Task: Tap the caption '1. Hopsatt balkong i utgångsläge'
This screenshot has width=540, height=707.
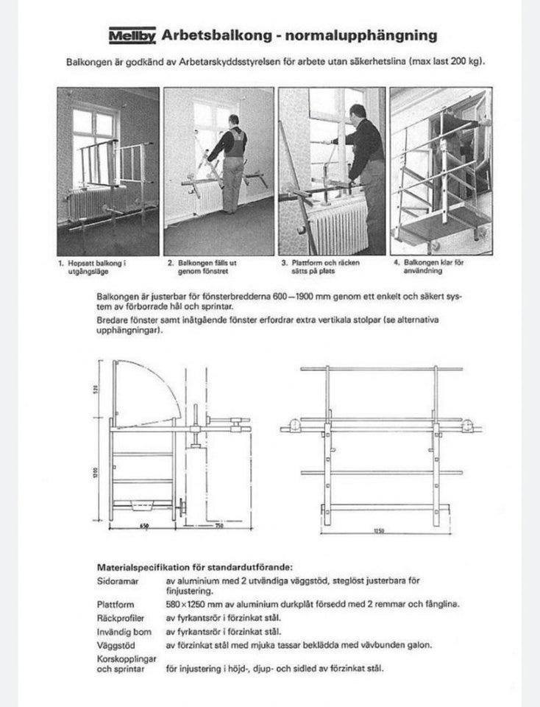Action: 85,267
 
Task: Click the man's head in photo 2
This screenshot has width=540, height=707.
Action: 234,121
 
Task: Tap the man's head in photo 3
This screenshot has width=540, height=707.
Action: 358,112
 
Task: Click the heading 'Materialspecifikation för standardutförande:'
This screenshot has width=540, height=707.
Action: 195,567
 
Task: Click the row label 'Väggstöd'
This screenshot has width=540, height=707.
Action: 114,644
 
